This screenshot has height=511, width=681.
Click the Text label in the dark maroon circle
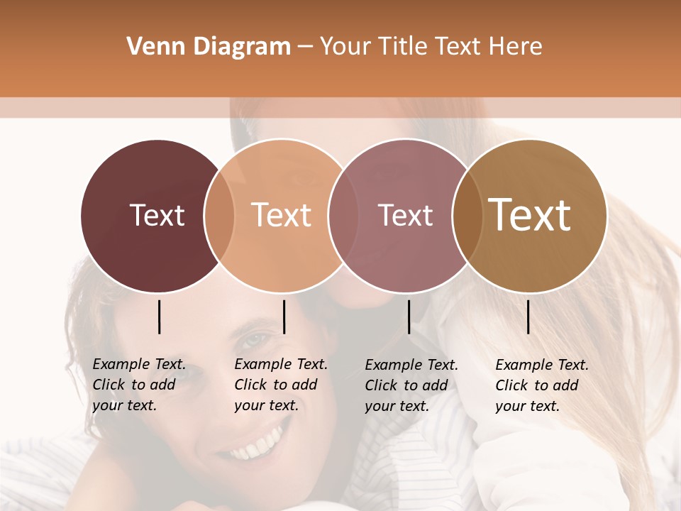pyautogui.click(x=157, y=215)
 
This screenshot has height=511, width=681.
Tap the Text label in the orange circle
pyautogui.click(x=281, y=215)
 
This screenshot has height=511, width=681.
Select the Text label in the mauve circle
pyautogui.click(x=405, y=215)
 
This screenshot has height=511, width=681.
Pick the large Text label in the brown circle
pyautogui.click(x=530, y=215)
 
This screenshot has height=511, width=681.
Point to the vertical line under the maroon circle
pyautogui.click(x=159, y=317)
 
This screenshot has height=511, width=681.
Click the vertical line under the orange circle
pyautogui.click(x=284, y=317)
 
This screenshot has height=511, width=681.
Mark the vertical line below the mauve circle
pyautogui.click(x=409, y=317)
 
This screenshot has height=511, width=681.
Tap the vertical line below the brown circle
pyautogui.click(x=528, y=317)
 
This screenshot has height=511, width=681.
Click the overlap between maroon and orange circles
pyautogui.click(x=219, y=215)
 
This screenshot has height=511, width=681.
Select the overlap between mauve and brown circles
pyautogui.click(x=465, y=215)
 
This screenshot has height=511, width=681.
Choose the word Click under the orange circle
pyautogui.click(x=250, y=385)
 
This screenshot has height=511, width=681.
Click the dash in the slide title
pyautogui.click(x=304, y=47)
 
